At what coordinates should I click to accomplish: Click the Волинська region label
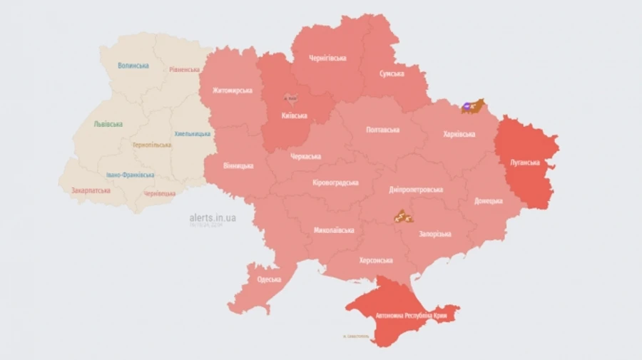pos(133,65)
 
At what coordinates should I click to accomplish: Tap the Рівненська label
pos(184,70)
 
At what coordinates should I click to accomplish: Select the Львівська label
pos(108,124)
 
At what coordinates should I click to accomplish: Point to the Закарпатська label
pos(91,191)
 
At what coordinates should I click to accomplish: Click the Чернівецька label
pos(159,193)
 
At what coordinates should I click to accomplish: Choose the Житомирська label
pos(233,91)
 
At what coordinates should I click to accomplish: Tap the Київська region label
pos(293,115)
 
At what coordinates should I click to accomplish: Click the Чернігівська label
pos(328,58)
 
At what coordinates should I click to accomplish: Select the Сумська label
pos(392,73)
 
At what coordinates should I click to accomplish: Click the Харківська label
pos(459,133)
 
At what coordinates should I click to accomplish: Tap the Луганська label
pos(526,163)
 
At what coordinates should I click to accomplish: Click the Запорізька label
pos(434,234)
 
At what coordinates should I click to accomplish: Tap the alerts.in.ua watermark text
pos(213,217)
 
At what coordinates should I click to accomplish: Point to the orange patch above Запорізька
pos(403,216)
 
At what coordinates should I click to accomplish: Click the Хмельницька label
pos(193,133)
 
